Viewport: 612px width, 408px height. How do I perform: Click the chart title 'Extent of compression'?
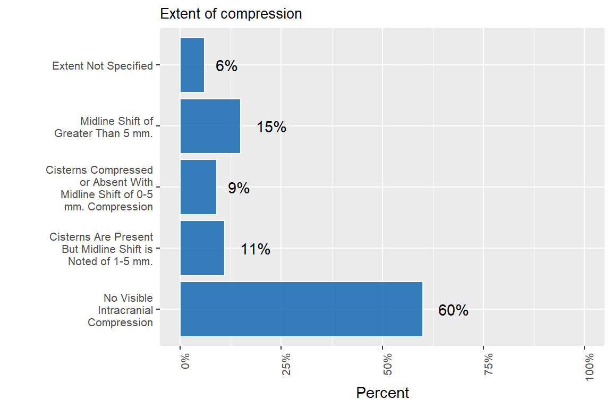pos(231,14)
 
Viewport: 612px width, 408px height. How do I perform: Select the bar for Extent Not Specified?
pos(192,65)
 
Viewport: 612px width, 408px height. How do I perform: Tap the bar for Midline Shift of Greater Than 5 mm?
pos(210,126)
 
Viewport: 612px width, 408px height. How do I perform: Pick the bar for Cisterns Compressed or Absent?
pos(198,187)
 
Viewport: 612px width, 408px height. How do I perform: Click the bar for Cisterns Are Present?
pos(202,248)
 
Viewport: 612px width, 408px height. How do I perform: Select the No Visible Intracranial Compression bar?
pos(301,309)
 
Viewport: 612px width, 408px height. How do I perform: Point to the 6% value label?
pos(226,66)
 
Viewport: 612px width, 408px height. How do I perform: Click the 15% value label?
pos(271,127)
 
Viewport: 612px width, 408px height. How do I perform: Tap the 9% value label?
pos(239,188)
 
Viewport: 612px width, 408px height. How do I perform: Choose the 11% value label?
pos(256,249)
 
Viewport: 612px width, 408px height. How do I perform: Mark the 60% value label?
pos(453,311)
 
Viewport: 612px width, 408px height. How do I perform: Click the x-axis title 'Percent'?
pos(382,393)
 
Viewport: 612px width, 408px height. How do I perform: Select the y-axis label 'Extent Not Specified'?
pos(103,66)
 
